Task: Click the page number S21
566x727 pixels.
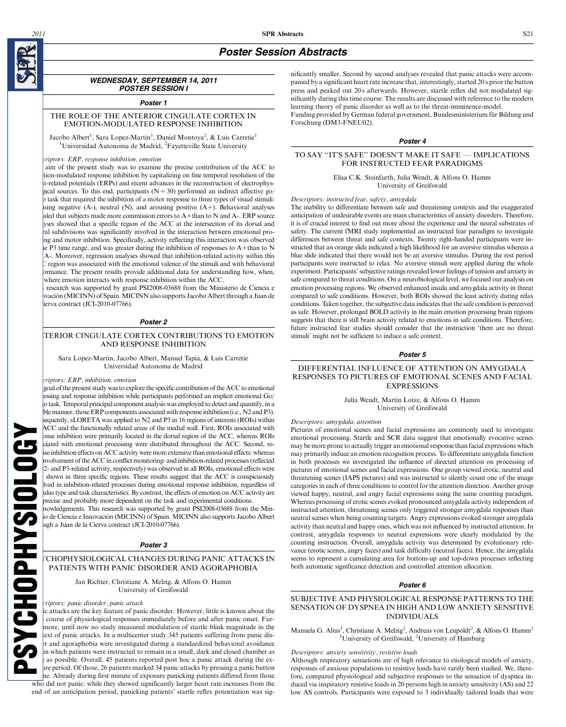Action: tap(528, 34)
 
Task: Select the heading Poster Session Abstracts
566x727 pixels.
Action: tap(283, 52)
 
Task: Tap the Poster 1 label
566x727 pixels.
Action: tap(153, 103)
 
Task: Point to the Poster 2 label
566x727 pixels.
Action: tap(153, 322)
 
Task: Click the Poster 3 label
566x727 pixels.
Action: tap(153, 545)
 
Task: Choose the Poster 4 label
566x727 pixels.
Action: tap(412, 141)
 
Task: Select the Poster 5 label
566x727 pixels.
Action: tap(412, 355)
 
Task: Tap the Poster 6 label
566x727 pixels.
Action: tap(412, 585)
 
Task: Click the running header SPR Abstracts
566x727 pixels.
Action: tap(283, 34)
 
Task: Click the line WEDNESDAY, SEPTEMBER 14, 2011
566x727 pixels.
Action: tap(153, 81)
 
